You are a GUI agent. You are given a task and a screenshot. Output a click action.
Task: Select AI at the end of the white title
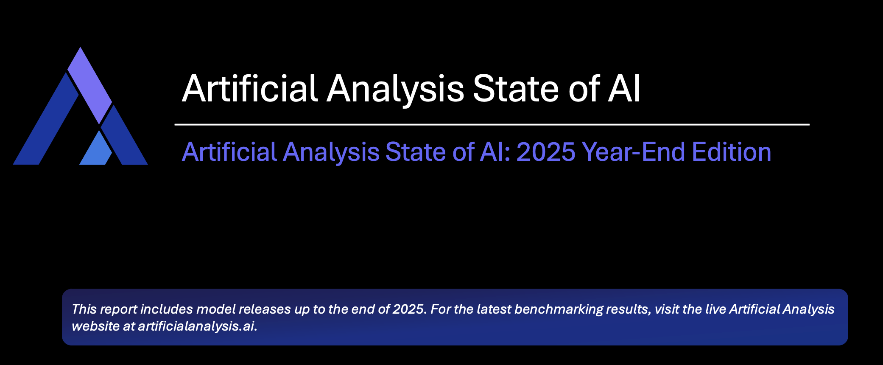pyautogui.click(x=624, y=89)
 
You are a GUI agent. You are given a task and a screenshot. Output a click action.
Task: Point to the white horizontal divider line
pyautogui.click(x=492, y=125)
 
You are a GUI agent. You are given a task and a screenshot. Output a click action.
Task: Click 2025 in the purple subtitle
pyautogui.click(x=546, y=152)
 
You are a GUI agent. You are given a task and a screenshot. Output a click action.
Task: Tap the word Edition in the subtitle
pyautogui.click(x=732, y=152)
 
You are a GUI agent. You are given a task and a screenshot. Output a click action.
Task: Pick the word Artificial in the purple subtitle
pyautogui.click(x=229, y=152)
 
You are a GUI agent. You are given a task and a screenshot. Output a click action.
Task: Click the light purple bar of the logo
pyautogui.click(x=89, y=85)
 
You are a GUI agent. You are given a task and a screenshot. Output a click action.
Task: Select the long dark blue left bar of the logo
pyautogui.click(x=46, y=119)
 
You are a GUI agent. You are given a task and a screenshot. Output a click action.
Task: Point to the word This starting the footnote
pyautogui.click(x=84, y=309)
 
